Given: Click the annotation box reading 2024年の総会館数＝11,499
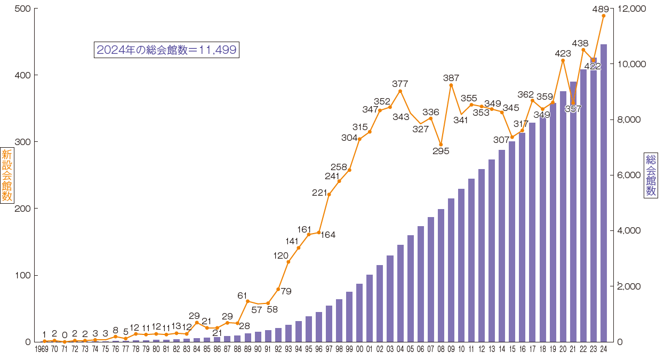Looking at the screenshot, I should click(166, 50).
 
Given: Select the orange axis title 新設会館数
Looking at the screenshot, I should click(7, 176).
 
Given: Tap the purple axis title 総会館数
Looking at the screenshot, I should click(651, 176).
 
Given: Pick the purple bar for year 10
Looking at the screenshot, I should click(461, 265).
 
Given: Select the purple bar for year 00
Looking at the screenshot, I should click(359, 313).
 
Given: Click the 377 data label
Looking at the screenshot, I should click(400, 84).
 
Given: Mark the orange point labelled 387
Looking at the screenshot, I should click(451, 85).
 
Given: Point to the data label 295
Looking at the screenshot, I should click(441, 151).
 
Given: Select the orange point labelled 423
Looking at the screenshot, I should click(563, 60).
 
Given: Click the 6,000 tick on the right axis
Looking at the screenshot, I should click(629, 175).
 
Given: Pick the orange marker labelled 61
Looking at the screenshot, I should click(247, 301).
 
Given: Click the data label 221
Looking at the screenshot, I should click(319, 193).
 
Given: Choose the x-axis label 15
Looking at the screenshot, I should click(512, 350).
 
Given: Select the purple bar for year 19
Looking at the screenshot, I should click(553, 222).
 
